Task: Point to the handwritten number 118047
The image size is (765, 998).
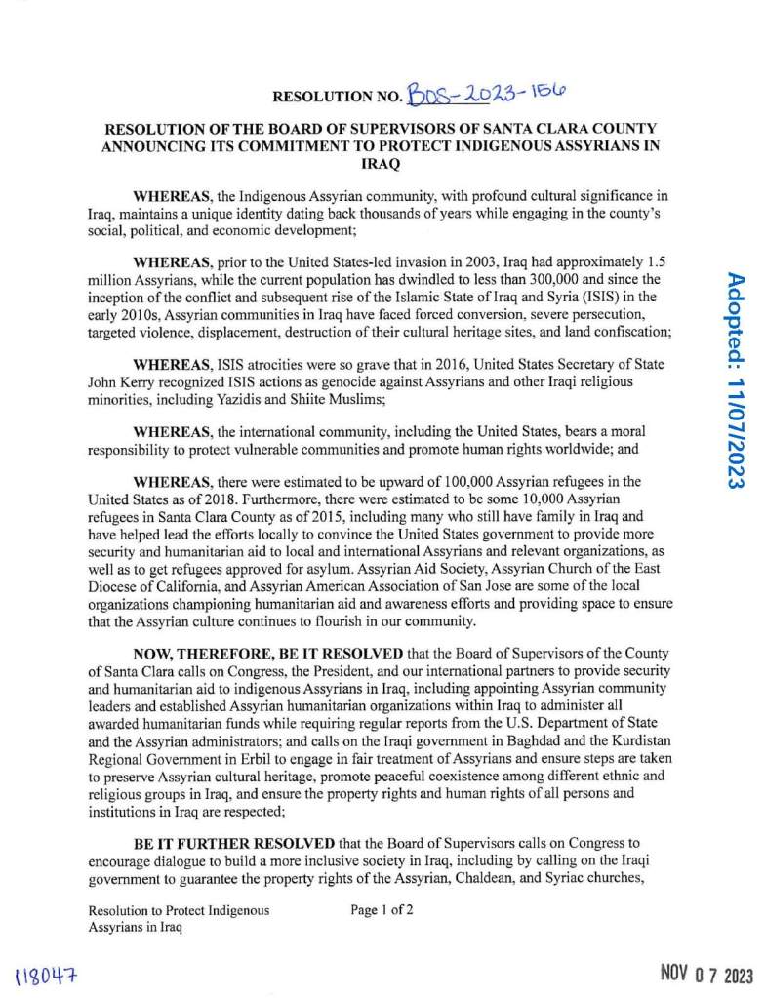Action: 47,975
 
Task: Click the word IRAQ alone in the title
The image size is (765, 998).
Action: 382,165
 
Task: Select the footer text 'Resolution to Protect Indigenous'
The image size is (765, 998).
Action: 179,911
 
